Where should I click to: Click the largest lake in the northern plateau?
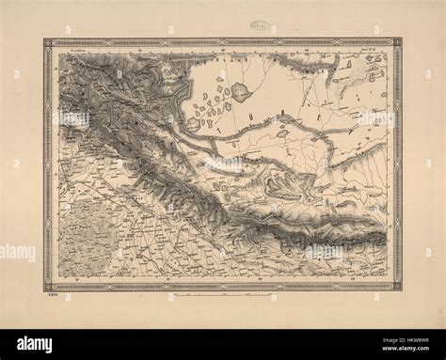click(240, 91)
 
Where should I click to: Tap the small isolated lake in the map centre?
click(281, 133)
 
